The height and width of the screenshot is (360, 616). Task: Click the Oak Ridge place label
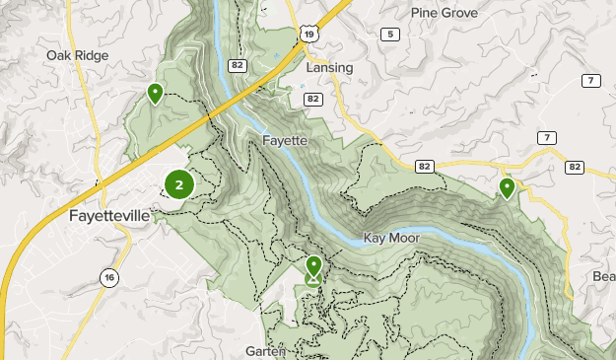point(76,55)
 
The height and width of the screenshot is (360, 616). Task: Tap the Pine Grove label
point(444,13)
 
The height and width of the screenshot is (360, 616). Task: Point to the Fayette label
point(286,141)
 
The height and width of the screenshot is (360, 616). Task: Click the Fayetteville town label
point(109,215)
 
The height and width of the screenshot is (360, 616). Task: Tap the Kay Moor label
point(391,238)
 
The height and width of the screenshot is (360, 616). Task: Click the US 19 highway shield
point(312,34)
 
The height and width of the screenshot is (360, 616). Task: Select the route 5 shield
point(391,35)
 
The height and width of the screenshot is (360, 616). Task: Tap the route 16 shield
point(108,279)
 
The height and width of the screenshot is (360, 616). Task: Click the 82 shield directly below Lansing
point(312,99)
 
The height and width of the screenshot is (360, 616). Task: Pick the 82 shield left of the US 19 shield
point(265,64)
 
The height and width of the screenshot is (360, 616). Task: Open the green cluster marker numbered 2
point(178,183)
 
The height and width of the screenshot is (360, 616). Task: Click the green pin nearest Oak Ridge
point(155,94)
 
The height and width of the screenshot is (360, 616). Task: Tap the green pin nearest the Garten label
point(313,267)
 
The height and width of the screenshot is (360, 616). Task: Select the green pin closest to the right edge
point(507,187)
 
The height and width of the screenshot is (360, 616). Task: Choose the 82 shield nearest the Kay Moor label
point(423,167)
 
